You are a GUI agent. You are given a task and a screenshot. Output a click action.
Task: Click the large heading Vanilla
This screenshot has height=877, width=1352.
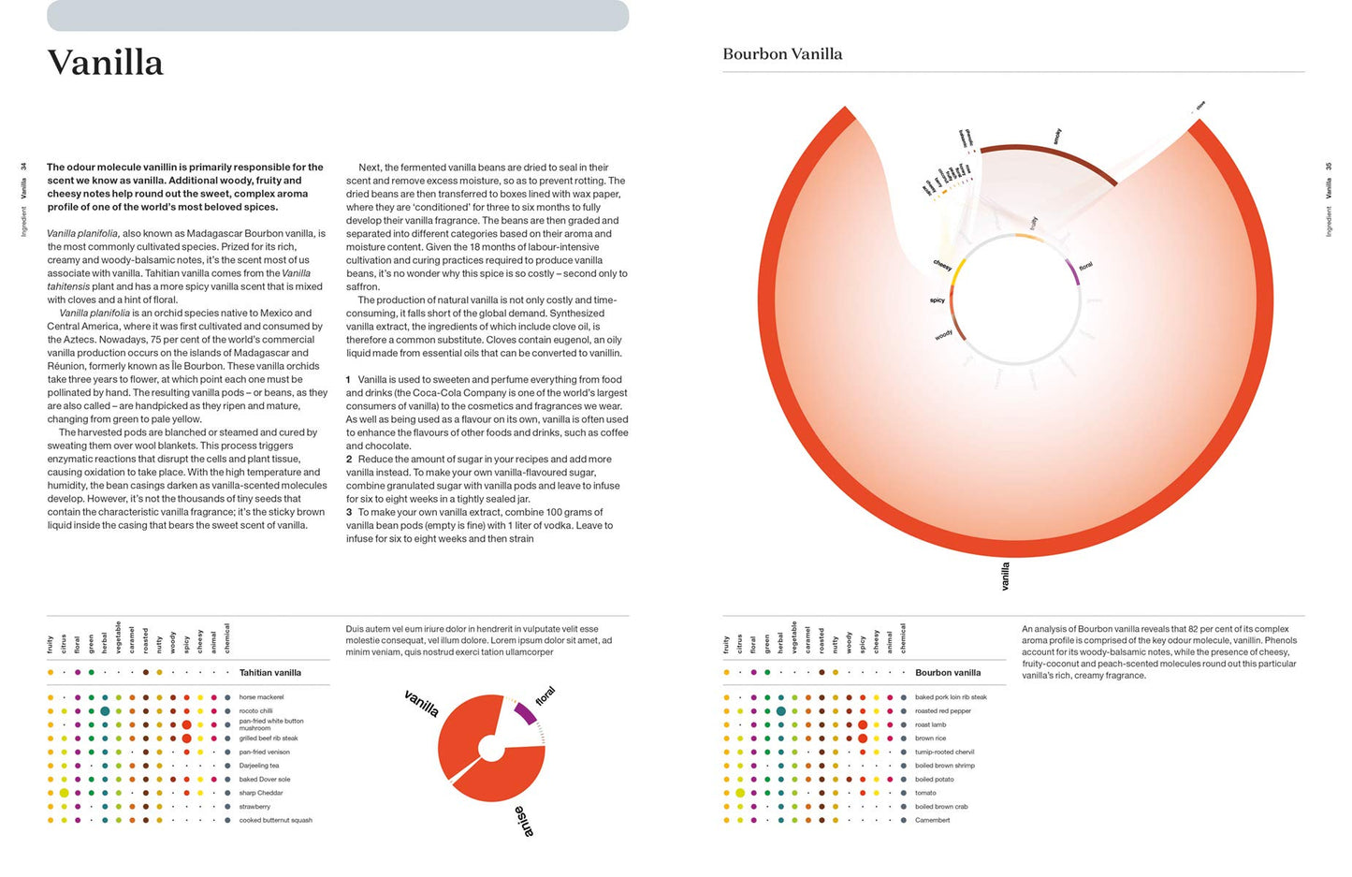pyautogui.click(x=106, y=63)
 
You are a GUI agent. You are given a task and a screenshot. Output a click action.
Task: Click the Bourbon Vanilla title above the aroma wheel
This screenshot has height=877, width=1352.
pyautogui.click(x=782, y=54)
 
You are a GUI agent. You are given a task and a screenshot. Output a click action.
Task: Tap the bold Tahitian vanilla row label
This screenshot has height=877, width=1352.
pyautogui.click(x=269, y=672)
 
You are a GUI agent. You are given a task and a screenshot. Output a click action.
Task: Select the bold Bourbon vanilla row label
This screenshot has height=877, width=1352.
pyautogui.click(x=948, y=672)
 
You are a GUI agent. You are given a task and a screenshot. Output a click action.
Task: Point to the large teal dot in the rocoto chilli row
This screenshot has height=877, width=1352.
pyautogui.click(x=105, y=711)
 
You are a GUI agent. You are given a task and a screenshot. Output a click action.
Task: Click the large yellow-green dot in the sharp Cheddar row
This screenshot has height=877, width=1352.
pyautogui.click(x=65, y=793)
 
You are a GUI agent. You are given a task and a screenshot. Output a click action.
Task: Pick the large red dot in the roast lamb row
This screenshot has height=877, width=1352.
pyautogui.click(x=863, y=724)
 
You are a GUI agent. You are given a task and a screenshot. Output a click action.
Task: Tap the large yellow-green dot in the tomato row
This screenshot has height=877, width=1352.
pyautogui.click(x=740, y=793)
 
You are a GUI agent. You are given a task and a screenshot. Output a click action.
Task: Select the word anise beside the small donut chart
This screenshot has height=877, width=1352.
pyautogui.click(x=524, y=820)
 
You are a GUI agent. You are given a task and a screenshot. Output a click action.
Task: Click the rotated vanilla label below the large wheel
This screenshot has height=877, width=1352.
pyautogui.click(x=1005, y=576)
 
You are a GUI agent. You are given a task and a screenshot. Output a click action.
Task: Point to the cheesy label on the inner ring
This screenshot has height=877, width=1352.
pyautogui.click(x=942, y=266)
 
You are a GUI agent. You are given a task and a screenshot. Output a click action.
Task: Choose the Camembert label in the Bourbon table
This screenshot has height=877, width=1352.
pyautogui.click(x=932, y=820)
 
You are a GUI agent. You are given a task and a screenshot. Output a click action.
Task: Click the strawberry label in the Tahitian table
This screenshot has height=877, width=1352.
pyautogui.click(x=254, y=806)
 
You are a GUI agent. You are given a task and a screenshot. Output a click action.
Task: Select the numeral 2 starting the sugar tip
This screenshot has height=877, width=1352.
pyautogui.click(x=349, y=460)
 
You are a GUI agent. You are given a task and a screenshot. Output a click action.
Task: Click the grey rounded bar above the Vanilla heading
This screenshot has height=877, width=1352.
pyautogui.click(x=338, y=15)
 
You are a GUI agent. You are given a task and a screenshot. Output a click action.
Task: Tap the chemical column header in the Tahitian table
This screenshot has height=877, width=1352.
pyautogui.click(x=227, y=638)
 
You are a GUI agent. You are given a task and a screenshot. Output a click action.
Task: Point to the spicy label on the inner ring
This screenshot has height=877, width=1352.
pyautogui.click(x=937, y=300)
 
